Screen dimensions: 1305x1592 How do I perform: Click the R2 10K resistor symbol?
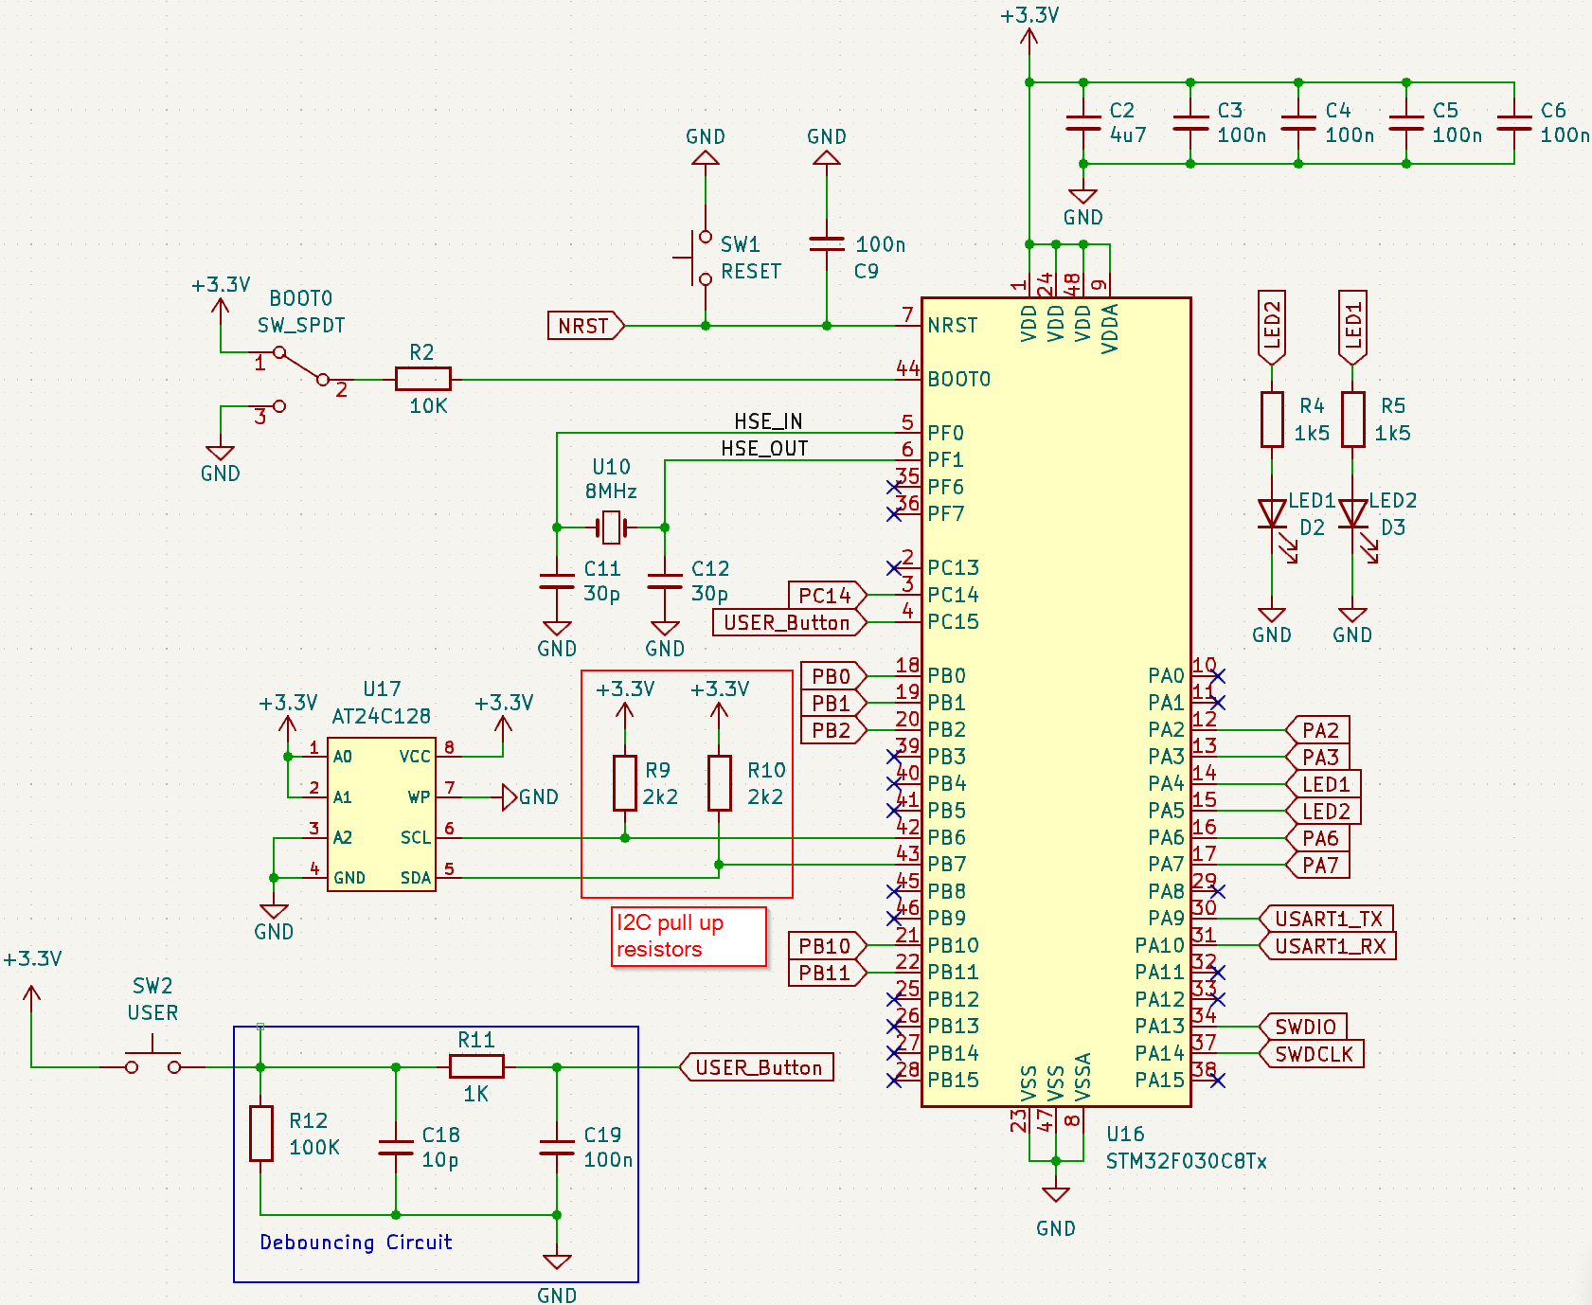pyautogui.click(x=422, y=379)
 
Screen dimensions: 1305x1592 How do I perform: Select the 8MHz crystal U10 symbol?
pyautogui.click(x=611, y=527)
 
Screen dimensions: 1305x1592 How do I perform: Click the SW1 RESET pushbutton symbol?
pyautogui.click(x=701, y=258)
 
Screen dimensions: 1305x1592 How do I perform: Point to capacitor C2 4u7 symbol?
pyautogui.click(x=1083, y=123)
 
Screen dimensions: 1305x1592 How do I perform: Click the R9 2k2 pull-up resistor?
pyautogui.click(x=624, y=782)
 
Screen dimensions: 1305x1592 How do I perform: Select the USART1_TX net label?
pyautogui.click(x=1328, y=919)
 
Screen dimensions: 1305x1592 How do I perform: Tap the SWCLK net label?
pyautogui.click(x=1314, y=1054)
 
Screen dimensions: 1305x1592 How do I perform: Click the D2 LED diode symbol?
pyautogui.click(x=1271, y=514)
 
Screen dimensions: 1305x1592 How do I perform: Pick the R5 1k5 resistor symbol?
pyautogui.click(x=1352, y=419)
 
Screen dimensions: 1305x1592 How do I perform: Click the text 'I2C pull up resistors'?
pyautogui.click(x=671, y=936)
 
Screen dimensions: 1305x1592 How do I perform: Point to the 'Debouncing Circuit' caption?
pyautogui.click(x=355, y=1242)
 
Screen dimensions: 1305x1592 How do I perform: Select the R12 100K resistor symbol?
pyautogui.click(x=261, y=1133)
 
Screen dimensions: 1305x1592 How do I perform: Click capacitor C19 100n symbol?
pyautogui.click(x=557, y=1147)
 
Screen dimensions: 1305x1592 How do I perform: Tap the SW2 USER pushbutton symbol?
pyautogui.click(x=152, y=1061)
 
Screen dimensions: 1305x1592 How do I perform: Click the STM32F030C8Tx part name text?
pyautogui.click(x=1186, y=1161)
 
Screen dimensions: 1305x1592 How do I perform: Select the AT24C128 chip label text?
pyautogui.click(x=381, y=716)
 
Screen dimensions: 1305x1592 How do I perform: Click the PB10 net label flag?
pyautogui.click(x=826, y=946)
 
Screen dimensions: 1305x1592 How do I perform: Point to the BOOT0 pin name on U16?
pyautogui.click(x=958, y=380)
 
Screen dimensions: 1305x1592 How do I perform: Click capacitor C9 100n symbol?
pyautogui.click(x=826, y=244)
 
